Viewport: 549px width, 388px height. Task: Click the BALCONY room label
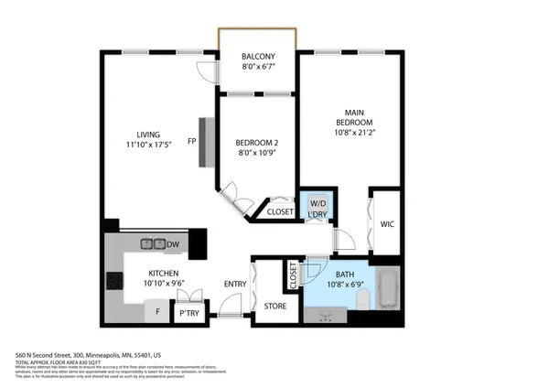pyautogui.click(x=257, y=60)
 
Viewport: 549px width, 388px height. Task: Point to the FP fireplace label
pyautogui.click(x=192, y=142)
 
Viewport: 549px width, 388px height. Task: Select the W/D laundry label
pyautogui.click(x=318, y=203)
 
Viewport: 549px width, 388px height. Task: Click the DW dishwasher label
pyautogui.click(x=172, y=243)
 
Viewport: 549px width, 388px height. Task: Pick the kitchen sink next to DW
pyautogui.click(x=148, y=243)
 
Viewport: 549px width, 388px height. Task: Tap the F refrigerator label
pyautogui.click(x=157, y=312)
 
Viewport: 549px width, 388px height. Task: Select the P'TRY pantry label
pyautogui.click(x=189, y=313)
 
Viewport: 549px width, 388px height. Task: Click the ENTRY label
pyautogui.click(x=235, y=284)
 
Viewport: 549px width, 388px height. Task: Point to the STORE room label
pyautogui.click(x=275, y=307)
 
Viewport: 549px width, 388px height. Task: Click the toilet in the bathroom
pyautogui.click(x=362, y=298)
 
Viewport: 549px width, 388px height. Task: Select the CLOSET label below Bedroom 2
pyautogui.click(x=280, y=212)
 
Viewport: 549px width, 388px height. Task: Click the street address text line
pyautogui.click(x=88, y=354)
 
